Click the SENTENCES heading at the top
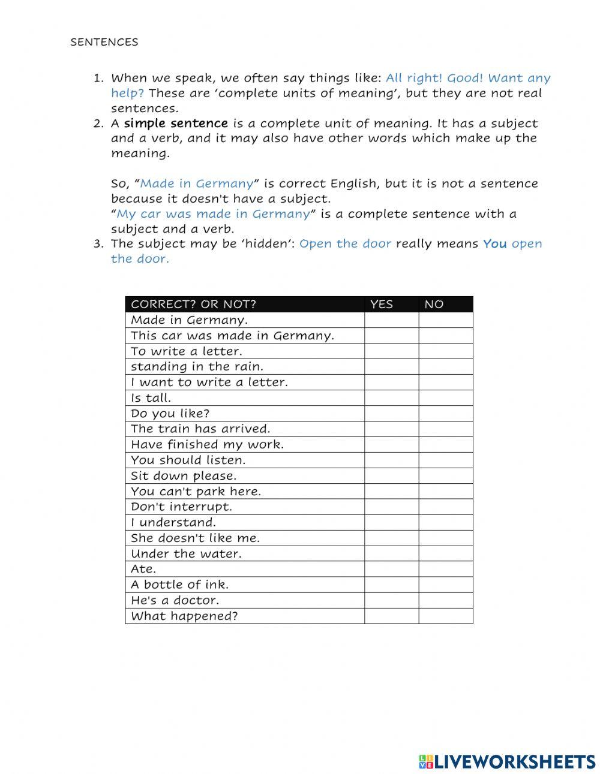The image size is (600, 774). click(104, 42)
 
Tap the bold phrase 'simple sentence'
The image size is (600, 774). click(176, 124)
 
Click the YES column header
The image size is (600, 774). click(382, 304)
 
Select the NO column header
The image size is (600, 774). click(434, 304)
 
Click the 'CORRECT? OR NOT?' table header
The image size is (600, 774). click(193, 304)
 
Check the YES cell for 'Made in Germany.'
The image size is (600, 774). click(391, 320)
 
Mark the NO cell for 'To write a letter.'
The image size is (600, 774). click(446, 351)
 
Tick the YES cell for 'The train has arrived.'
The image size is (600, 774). click(391, 429)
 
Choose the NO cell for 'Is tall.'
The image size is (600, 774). click(446, 397)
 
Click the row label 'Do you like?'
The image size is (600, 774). click(170, 413)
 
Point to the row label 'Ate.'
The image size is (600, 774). click(143, 569)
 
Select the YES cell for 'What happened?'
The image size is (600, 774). click(391, 616)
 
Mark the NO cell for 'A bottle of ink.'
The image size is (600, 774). click(446, 585)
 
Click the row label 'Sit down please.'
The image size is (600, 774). click(184, 475)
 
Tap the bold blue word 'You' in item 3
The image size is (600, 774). click(494, 244)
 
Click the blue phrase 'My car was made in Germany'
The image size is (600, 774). click(213, 214)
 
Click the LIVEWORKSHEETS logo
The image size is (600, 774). click(507, 761)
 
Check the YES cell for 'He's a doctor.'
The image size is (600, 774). click(391, 600)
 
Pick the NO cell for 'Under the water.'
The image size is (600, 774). click(446, 553)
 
